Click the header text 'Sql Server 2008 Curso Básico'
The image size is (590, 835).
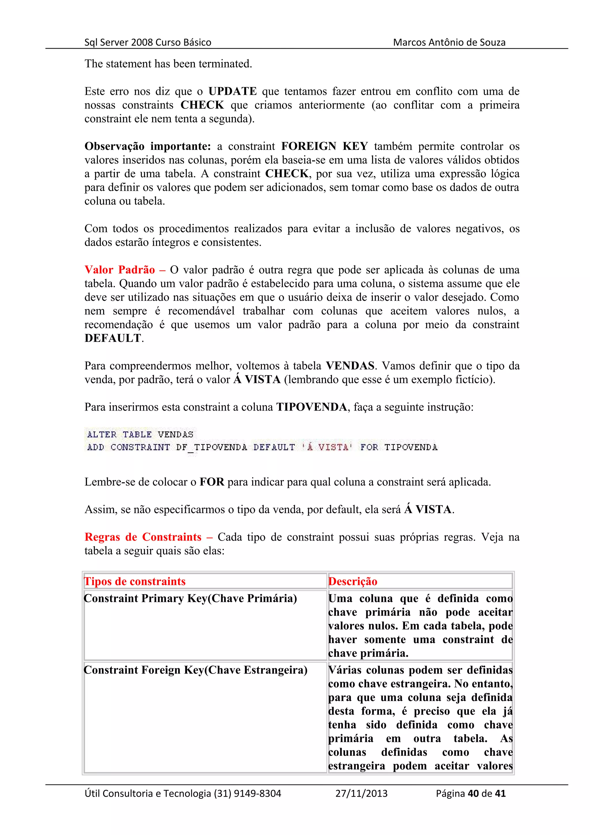point(147,43)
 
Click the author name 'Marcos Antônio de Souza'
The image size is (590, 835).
point(449,43)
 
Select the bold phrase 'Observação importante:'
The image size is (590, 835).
point(147,146)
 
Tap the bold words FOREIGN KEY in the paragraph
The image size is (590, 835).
point(324,146)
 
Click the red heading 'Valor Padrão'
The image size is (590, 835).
point(120,270)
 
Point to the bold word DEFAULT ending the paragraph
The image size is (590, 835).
point(113,338)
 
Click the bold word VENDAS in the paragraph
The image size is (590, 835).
point(350,366)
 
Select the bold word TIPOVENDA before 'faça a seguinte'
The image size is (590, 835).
point(311,407)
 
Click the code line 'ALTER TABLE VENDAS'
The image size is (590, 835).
point(140,434)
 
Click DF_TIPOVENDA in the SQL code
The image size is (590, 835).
point(211,447)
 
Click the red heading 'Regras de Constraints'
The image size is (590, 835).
point(143,537)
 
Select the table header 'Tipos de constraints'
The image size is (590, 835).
point(135,581)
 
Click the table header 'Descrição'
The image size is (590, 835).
point(353,581)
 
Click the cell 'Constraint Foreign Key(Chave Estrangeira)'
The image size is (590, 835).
point(196,670)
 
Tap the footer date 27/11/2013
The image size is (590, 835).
point(361,793)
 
